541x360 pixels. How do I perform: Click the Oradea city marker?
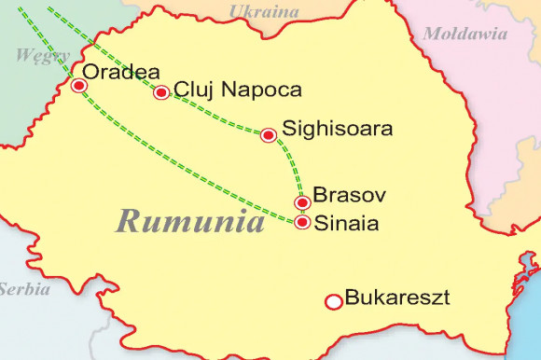[x=79, y=86]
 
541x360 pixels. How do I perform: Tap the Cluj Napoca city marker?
[x=161, y=92]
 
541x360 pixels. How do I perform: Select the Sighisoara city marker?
[x=269, y=135]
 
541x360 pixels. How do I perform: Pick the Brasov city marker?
[x=301, y=203]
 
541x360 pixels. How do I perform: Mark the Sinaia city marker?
[x=301, y=223]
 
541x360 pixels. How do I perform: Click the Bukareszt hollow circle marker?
[x=332, y=301]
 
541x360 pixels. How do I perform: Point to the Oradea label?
[x=121, y=72]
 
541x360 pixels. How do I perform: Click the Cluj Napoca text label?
[x=238, y=90]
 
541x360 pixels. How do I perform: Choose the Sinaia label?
[x=347, y=224]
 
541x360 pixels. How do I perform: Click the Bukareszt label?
[x=397, y=299]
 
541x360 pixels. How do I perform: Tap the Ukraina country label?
[x=264, y=11]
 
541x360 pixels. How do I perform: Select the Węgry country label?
[x=35, y=55]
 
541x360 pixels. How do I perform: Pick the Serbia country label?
[x=24, y=289]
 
